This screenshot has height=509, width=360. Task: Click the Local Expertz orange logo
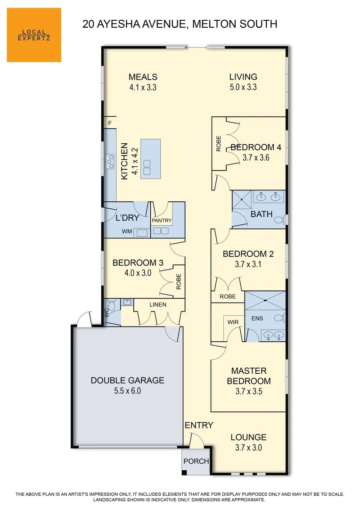[34, 35]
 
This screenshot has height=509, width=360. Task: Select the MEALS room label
[143, 77]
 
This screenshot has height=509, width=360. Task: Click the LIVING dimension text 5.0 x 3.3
[243, 87]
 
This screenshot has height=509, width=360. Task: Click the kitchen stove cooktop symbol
[110, 162]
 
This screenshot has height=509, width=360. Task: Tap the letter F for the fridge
[110, 123]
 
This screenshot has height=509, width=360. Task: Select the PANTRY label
[162, 221]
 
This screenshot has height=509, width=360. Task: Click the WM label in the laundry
[126, 231]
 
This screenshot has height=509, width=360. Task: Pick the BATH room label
[262, 214]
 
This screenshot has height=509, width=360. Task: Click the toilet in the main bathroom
[279, 220]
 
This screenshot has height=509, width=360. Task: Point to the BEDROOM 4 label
[256, 147]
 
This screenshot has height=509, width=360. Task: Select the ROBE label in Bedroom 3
[178, 281]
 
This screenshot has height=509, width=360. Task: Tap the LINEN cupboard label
[158, 304]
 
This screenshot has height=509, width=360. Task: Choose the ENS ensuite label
[257, 319]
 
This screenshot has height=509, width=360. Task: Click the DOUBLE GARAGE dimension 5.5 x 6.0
[127, 391]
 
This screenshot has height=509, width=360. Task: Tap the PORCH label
[196, 461]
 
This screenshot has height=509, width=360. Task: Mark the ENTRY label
[199, 425]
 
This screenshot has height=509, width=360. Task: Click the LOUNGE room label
[248, 437]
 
